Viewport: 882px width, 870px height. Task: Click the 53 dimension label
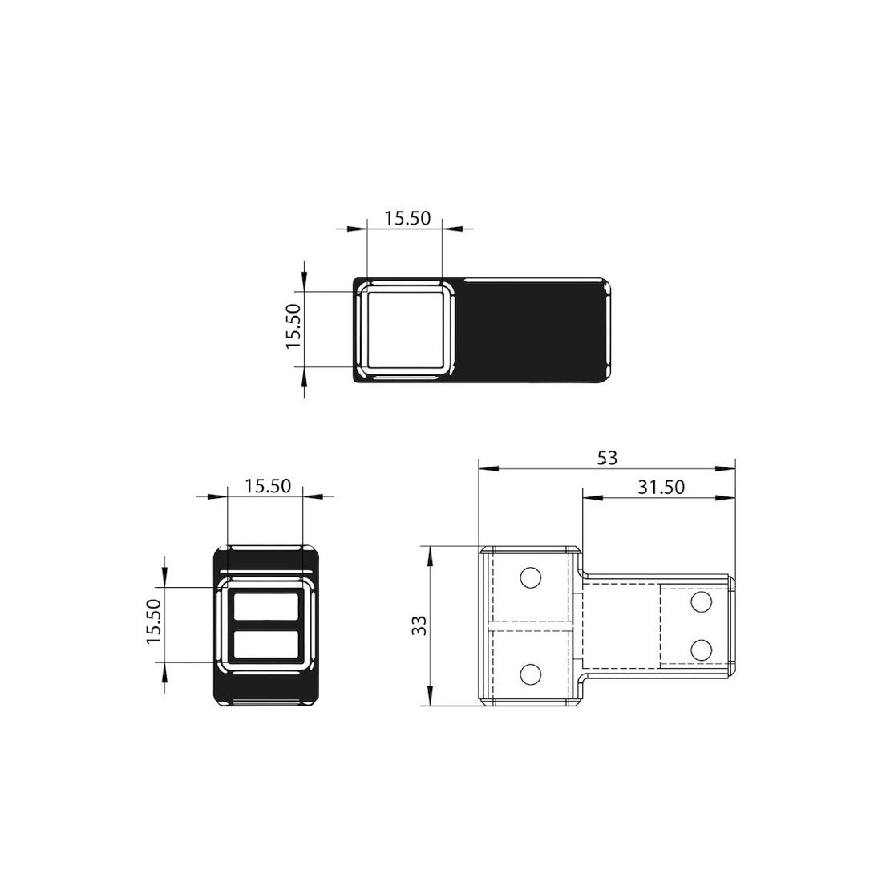point(608,459)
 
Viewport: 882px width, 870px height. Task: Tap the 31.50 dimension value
point(661,487)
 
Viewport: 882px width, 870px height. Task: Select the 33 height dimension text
point(419,625)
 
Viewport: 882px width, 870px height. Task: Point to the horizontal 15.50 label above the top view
point(407,217)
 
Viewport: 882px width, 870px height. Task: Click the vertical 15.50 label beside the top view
point(294,326)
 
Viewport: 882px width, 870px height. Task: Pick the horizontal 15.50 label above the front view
point(268,485)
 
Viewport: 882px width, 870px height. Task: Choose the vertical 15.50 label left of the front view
point(154,621)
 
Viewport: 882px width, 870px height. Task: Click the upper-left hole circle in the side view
point(531,577)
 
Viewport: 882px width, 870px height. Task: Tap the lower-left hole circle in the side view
point(531,674)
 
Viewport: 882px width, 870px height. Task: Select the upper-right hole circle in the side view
point(701,601)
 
